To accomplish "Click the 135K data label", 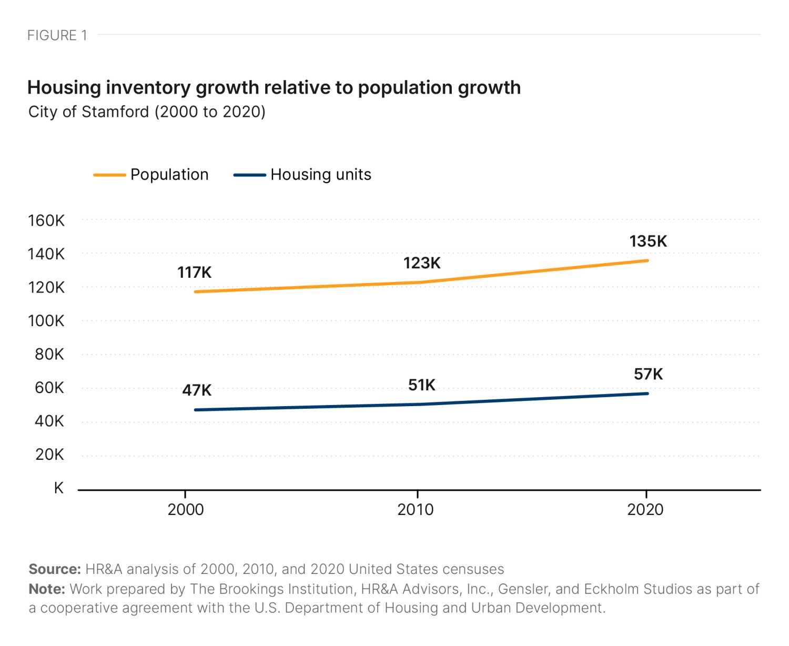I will point(648,241).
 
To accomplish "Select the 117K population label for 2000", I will point(195,272).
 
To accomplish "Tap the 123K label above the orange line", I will point(422,263).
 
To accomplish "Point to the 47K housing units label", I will point(197,390).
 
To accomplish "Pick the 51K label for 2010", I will point(422,385).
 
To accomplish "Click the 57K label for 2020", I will point(648,374).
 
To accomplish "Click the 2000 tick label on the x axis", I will point(185,509).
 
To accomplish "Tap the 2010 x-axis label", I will point(416,509).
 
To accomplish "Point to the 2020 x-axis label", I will point(645,509).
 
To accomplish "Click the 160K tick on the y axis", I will point(46,220).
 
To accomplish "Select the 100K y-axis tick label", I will point(46,321).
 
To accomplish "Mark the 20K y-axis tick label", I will point(49,455).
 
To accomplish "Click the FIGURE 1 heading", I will point(57,35).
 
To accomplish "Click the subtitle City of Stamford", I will point(147,112).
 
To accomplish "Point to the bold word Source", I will point(55,569).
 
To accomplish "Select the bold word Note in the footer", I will point(47,589).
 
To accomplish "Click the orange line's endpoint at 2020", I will point(647,260).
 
